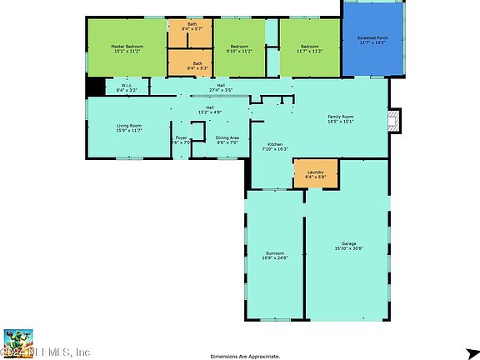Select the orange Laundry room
315,174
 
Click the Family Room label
340,118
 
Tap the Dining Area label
227,140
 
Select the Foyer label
181,140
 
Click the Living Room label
128,127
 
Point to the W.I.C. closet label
127,87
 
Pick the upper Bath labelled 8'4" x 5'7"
192,27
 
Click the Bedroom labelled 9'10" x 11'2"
240,48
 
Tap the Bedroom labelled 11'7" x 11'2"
309,48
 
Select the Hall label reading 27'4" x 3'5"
220,87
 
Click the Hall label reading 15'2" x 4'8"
210,109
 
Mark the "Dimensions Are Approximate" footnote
245,356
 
